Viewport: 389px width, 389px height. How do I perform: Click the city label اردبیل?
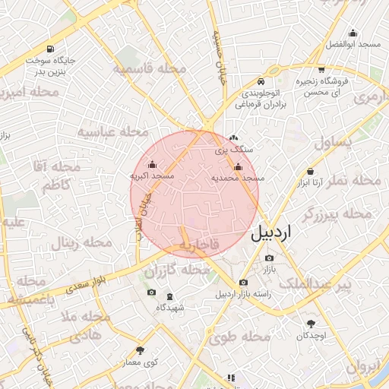point(270,232)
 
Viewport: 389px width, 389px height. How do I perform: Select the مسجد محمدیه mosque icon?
point(238,166)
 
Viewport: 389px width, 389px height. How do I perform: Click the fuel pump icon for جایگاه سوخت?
point(50,48)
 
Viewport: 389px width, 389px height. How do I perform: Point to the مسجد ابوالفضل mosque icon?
point(353,33)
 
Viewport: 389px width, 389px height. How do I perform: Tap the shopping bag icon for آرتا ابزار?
point(310,172)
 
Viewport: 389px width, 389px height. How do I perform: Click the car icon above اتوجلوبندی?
point(261,81)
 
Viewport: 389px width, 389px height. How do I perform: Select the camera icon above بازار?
point(270,259)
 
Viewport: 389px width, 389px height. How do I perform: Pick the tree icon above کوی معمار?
point(140,350)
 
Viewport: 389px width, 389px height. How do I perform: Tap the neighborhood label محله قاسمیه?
point(150,69)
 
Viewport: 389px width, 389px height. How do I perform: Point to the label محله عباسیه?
point(112,132)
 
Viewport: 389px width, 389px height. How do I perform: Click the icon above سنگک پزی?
point(232,138)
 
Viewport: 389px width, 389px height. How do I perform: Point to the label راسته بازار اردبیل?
point(242,294)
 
